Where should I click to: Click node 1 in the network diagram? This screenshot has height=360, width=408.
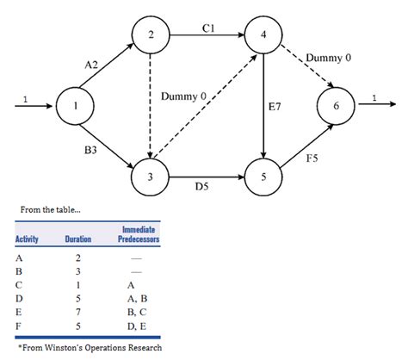tap(75, 108)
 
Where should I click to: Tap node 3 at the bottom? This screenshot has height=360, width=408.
tap(150, 177)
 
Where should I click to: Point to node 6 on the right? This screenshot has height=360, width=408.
tap(334, 108)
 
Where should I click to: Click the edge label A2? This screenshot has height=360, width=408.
tap(92, 64)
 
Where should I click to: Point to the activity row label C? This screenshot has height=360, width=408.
tap(19, 282)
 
